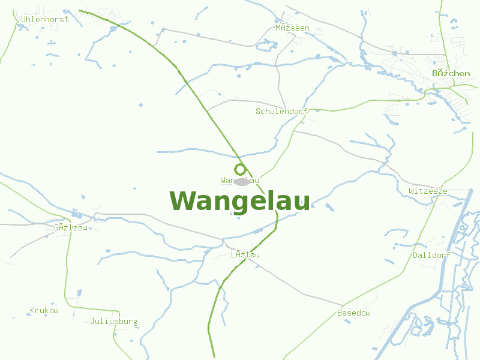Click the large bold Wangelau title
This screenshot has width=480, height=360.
pyautogui.click(x=240, y=201)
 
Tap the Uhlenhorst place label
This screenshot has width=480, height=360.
pyautogui.click(x=45, y=19)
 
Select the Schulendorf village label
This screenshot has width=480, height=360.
pyautogui.click(x=281, y=111)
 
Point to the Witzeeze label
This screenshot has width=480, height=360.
pyautogui.click(x=428, y=191)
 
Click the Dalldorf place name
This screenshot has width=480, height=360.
pyautogui.click(x=431, y=255)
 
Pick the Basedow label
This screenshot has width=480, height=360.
pyautogui.click(x=354, y=313)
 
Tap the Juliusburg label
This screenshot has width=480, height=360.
pyautogui.click(x=114, y=321)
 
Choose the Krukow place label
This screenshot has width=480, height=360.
pyautogui.click(x=44, y=310)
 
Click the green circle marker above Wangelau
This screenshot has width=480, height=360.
pyautogui.click(x=240, y=169)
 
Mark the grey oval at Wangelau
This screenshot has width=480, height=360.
pyautogui.click(x=241, y=181)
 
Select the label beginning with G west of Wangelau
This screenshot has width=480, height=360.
pyautogui.click(x=71, y=227)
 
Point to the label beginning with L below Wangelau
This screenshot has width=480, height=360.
pyautogui.click(x=245, y=254)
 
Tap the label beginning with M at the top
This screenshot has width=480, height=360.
pyautogui.click(x=292, y=28)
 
